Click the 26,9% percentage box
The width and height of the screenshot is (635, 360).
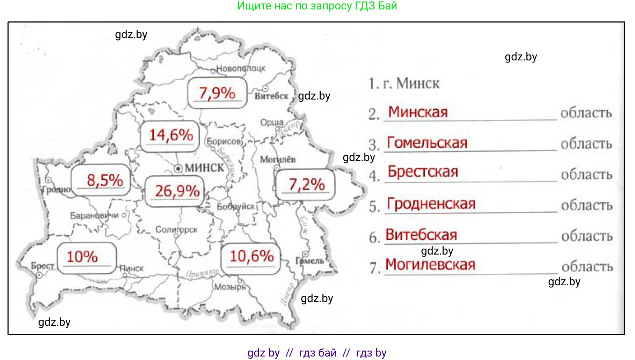[175, 191]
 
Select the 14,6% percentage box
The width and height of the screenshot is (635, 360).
[170, 136]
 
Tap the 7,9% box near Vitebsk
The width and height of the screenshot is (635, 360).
[217, 93]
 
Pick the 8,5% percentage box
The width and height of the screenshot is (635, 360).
[101, 180]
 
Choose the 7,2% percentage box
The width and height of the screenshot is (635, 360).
[305, 185]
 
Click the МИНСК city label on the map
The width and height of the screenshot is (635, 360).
[204, 168]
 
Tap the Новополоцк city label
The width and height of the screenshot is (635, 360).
[241, 68]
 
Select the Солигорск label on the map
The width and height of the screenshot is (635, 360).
[176, 229]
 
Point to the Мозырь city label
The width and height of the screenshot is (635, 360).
[230, 287]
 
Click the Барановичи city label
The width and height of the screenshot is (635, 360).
[94, 215]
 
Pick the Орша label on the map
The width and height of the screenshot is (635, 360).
[272, 122]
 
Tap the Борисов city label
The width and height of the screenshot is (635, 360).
[224, 141]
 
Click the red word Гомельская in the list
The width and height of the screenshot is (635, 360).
[427, 143]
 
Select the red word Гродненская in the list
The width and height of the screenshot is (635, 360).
[431, 204]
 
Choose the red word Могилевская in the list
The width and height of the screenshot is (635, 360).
[430, 264]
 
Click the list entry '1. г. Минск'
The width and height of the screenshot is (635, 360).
[404, 83]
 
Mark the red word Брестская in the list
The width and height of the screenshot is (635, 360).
[423, 172]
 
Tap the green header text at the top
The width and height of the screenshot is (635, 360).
[317, 6]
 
